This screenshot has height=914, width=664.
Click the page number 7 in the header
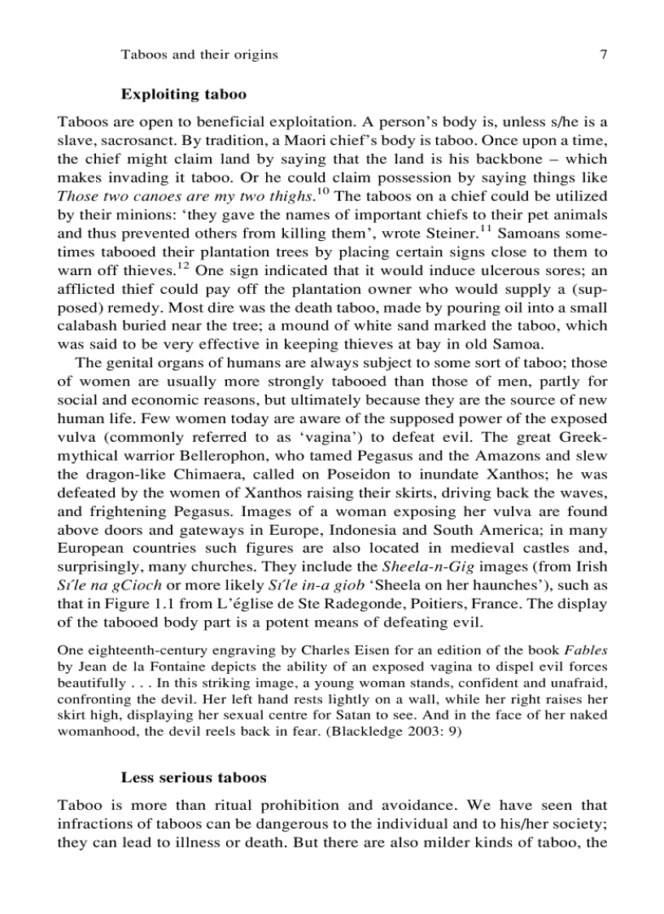603,55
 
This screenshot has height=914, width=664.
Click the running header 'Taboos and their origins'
199,55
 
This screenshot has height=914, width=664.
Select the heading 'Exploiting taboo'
183,94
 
